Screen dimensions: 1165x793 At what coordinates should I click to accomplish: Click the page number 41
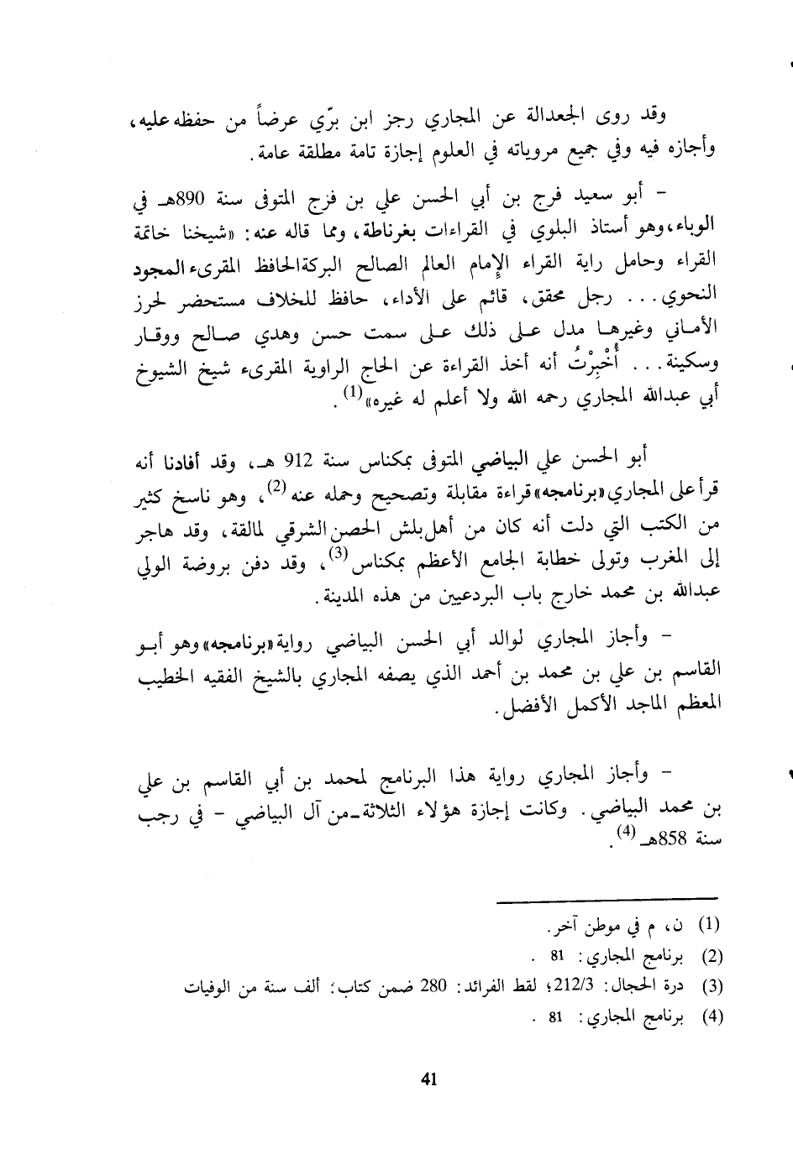[x=428, y=1080]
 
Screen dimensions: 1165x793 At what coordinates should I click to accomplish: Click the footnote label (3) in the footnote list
[x=712, y=985]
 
